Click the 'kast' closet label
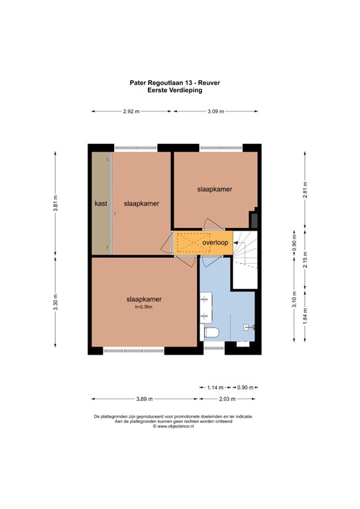[x=101, y=203]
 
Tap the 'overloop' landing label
[x=215, y=243]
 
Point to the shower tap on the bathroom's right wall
[x=249, y=326]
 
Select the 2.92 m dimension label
[x=131, y=111]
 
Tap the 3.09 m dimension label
[x=215, y=111]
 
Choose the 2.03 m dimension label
[x=227, y=399]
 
